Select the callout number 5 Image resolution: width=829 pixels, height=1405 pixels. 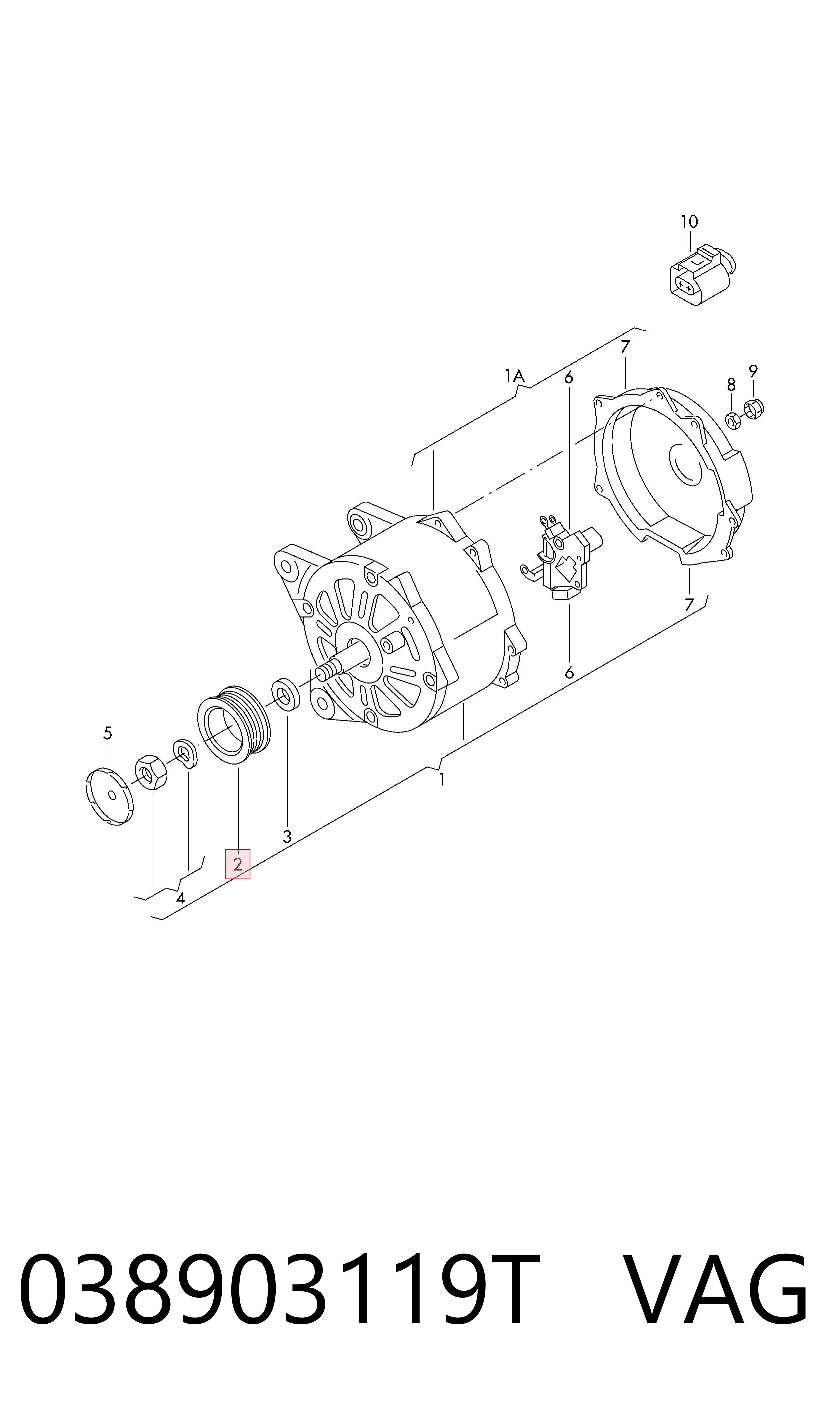pos(108,733)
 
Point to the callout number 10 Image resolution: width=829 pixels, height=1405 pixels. pos(689,222)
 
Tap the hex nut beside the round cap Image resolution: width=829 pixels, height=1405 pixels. pos(151,772)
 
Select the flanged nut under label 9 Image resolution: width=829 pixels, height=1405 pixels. pos(754,409)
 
